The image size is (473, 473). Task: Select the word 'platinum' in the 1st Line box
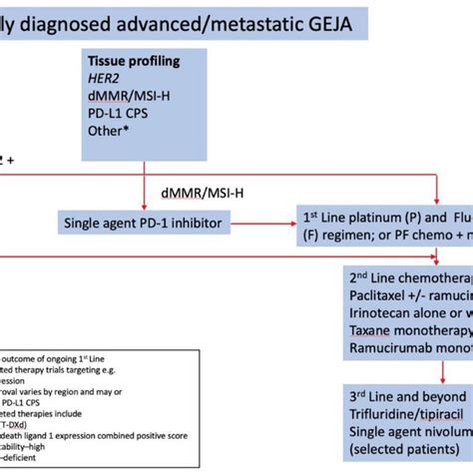point(387,215)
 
